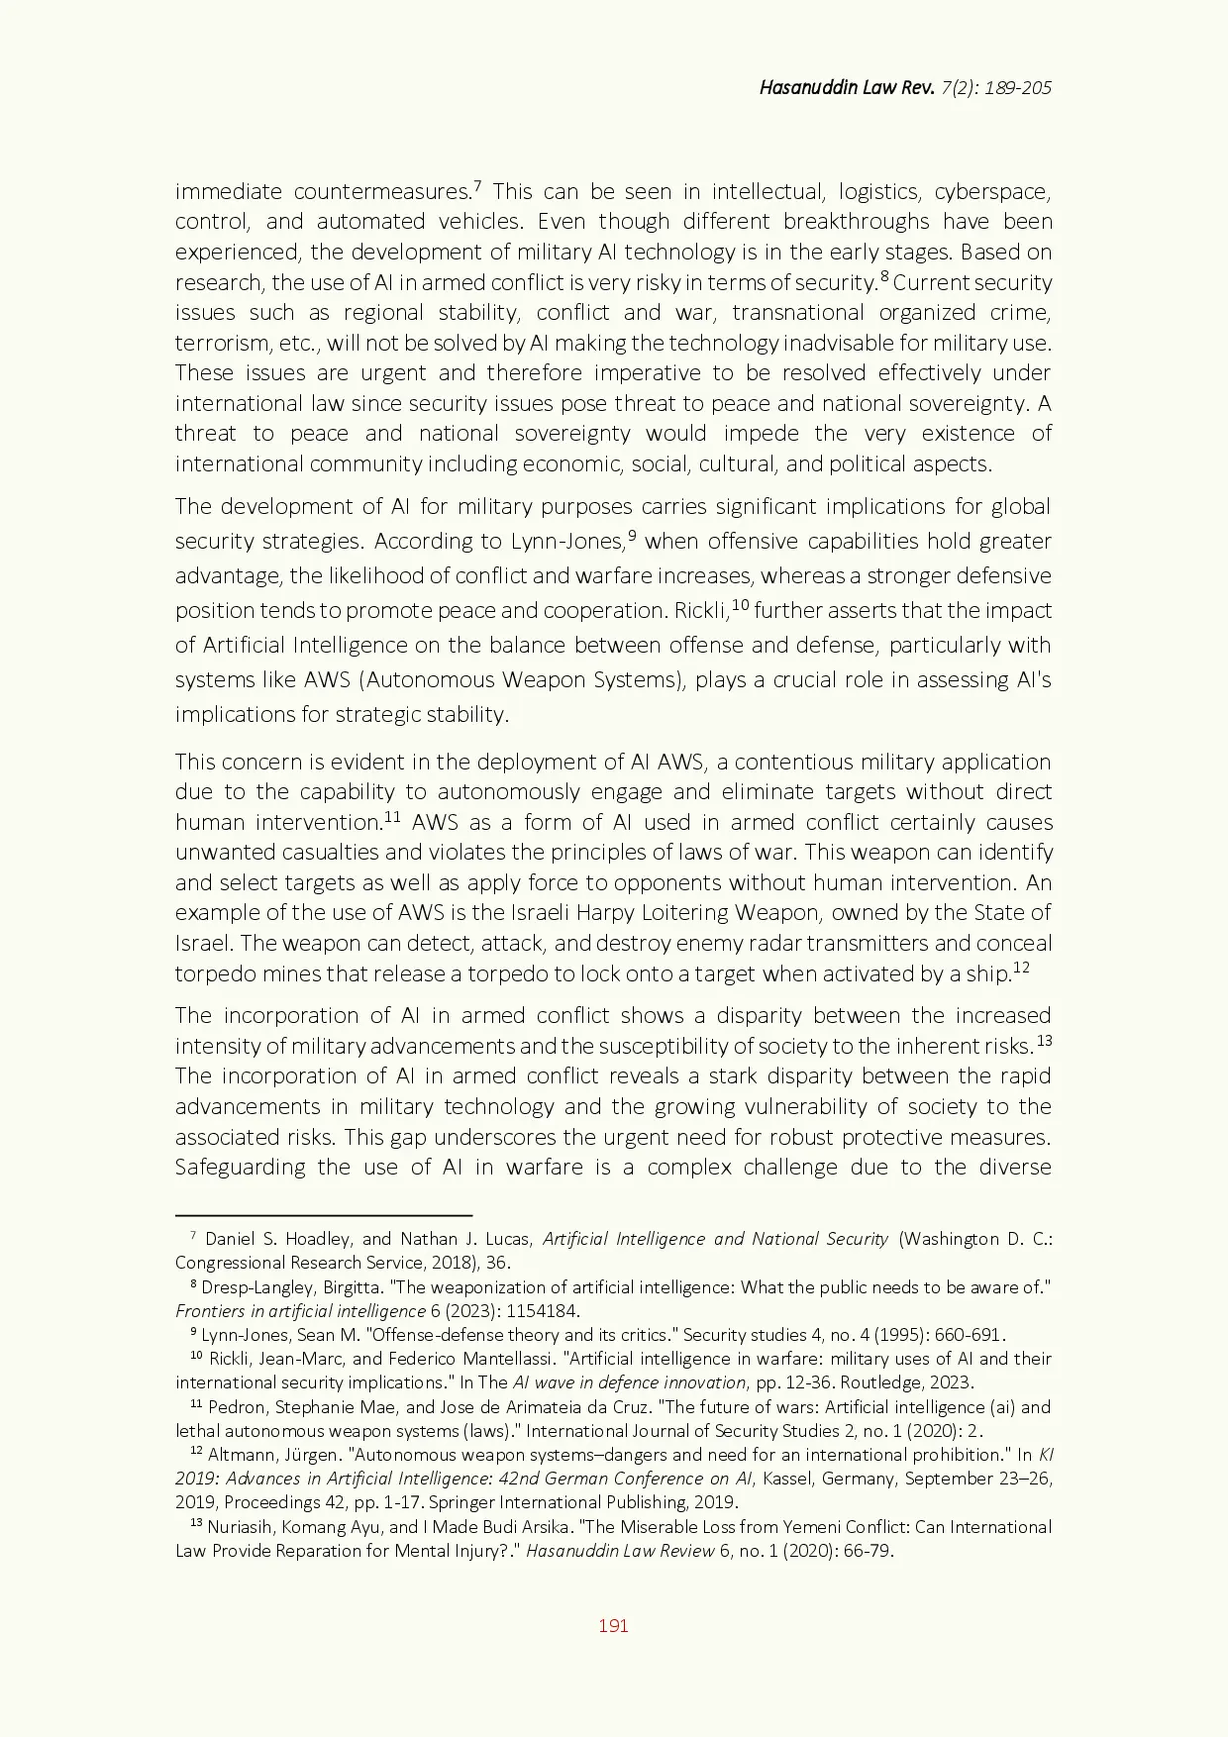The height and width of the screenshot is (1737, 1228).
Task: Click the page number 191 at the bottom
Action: click(x=613, y=1625)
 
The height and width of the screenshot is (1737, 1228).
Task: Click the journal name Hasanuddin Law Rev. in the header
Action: click(x=846, y=87)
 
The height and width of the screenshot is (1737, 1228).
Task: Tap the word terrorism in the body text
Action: click(x=222, y=343)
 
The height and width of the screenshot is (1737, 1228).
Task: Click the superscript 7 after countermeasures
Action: click(x=477, y=185)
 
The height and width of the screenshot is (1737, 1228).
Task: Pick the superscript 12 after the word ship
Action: click(x=1021, y=968)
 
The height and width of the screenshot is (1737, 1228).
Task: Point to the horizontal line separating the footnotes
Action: click(x=323, y=1214)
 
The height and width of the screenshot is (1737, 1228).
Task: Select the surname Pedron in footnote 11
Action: click(x=235, y=1407)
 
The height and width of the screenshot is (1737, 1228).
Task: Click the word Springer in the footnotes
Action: click(x=461, y=1502)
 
